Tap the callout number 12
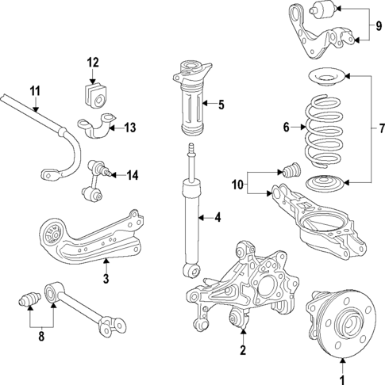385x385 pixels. coord(93,62)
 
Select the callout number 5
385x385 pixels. coord(221,103)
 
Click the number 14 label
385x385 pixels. coord(132,175)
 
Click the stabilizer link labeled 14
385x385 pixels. coord(100,179)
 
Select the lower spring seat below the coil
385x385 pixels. coord(327,184)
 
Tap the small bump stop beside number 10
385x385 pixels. coord(291,170)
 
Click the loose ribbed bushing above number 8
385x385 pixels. coord(29,302)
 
